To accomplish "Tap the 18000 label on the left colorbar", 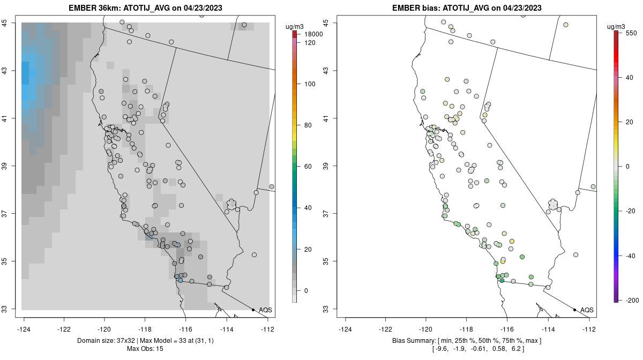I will click(313, 34).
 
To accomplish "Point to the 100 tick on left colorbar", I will click(310, 84).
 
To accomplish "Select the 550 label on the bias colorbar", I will click(630, 33).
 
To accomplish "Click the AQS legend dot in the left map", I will click(253, 310).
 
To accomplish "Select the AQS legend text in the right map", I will click(587, 310).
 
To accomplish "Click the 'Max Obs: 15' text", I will click(145, 349).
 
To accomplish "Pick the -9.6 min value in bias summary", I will click(442, 349).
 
